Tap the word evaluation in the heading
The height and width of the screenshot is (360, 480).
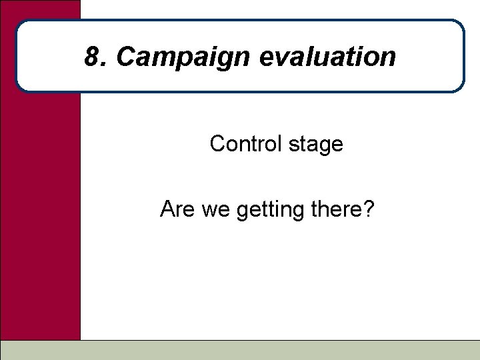point(327,57)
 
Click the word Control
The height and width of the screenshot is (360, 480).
point(246,144)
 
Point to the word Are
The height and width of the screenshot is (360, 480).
point(176,211)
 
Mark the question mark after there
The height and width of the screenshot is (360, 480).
point(369,211)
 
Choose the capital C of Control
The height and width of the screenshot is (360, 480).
point(217,144)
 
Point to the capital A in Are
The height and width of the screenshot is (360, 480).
point(167,211)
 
